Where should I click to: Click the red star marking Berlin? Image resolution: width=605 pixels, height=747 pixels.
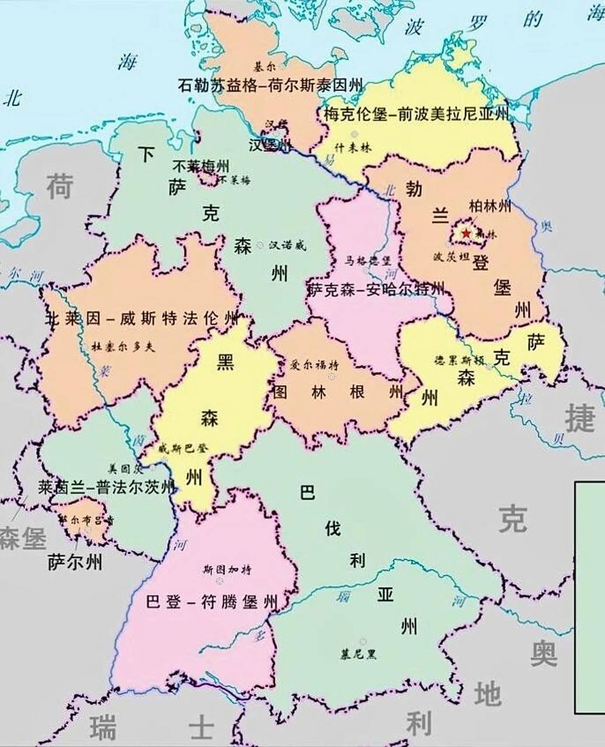466,233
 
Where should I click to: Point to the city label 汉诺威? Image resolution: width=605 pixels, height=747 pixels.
287,246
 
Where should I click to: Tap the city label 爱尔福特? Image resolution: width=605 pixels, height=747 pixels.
314,366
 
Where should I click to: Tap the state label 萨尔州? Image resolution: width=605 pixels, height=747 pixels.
75,563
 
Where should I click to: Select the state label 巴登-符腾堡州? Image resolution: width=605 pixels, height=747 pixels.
211,602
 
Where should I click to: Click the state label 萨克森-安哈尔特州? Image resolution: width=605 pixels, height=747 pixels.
375,289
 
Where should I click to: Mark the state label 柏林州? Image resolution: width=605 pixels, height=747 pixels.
490,206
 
